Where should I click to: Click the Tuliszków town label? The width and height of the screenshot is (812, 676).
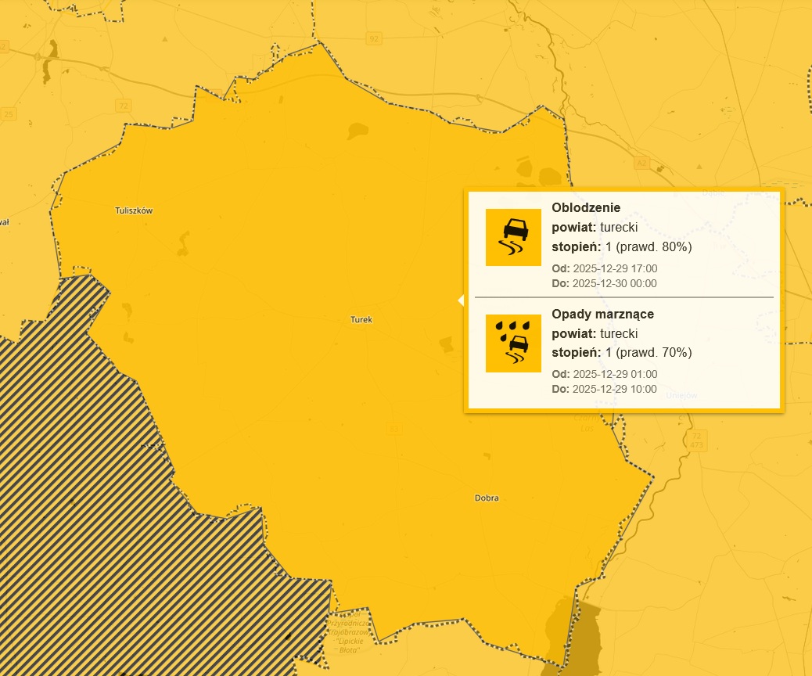tap(133, 210)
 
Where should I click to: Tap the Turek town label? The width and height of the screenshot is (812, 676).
tap(361, 320)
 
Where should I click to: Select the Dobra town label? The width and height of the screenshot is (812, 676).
tap(487, 498)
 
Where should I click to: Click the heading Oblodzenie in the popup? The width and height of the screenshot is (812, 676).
tap(586, 208)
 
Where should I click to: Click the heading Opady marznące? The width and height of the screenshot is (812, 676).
tap(602, 314)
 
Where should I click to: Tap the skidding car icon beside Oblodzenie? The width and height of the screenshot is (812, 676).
tap(513, 237)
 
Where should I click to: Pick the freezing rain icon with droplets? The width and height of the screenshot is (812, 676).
tap(513, 343)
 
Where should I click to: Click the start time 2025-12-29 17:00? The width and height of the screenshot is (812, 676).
tap(615, 268)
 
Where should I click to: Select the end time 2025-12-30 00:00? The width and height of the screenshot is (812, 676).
tap(615, 283)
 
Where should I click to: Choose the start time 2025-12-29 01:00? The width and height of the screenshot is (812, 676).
tap(615, 374)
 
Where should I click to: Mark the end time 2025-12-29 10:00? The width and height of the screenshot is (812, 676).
tap(615, 389)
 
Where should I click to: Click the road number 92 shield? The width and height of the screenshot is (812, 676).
tap(374, 38)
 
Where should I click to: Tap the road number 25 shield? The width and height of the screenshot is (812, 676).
tap(9, 114)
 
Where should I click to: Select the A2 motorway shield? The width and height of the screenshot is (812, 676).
tap(642, 163)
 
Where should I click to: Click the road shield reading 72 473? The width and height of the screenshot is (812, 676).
tap(697, 439)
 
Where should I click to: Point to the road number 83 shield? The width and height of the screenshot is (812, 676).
tap(393, 428)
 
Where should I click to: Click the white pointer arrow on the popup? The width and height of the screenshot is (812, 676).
tap(461, 300)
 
